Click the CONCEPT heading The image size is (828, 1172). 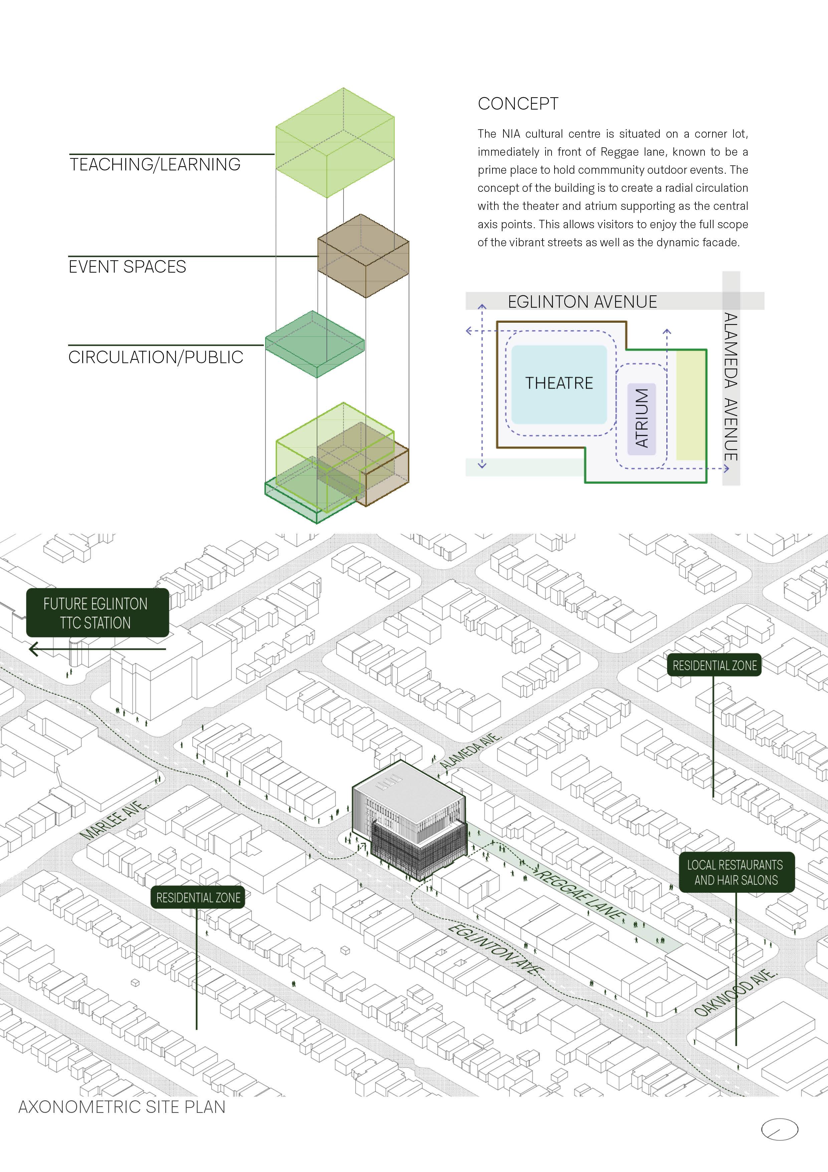518,104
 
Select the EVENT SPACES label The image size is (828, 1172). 128,267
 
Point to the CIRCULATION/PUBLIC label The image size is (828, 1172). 156,357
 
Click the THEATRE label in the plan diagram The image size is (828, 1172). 559,383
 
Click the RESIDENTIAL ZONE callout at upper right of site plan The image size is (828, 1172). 714,666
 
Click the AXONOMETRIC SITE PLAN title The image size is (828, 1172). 122,1107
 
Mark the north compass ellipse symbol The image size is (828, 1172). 779,1129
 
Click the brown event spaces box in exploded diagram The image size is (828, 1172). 363,256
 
